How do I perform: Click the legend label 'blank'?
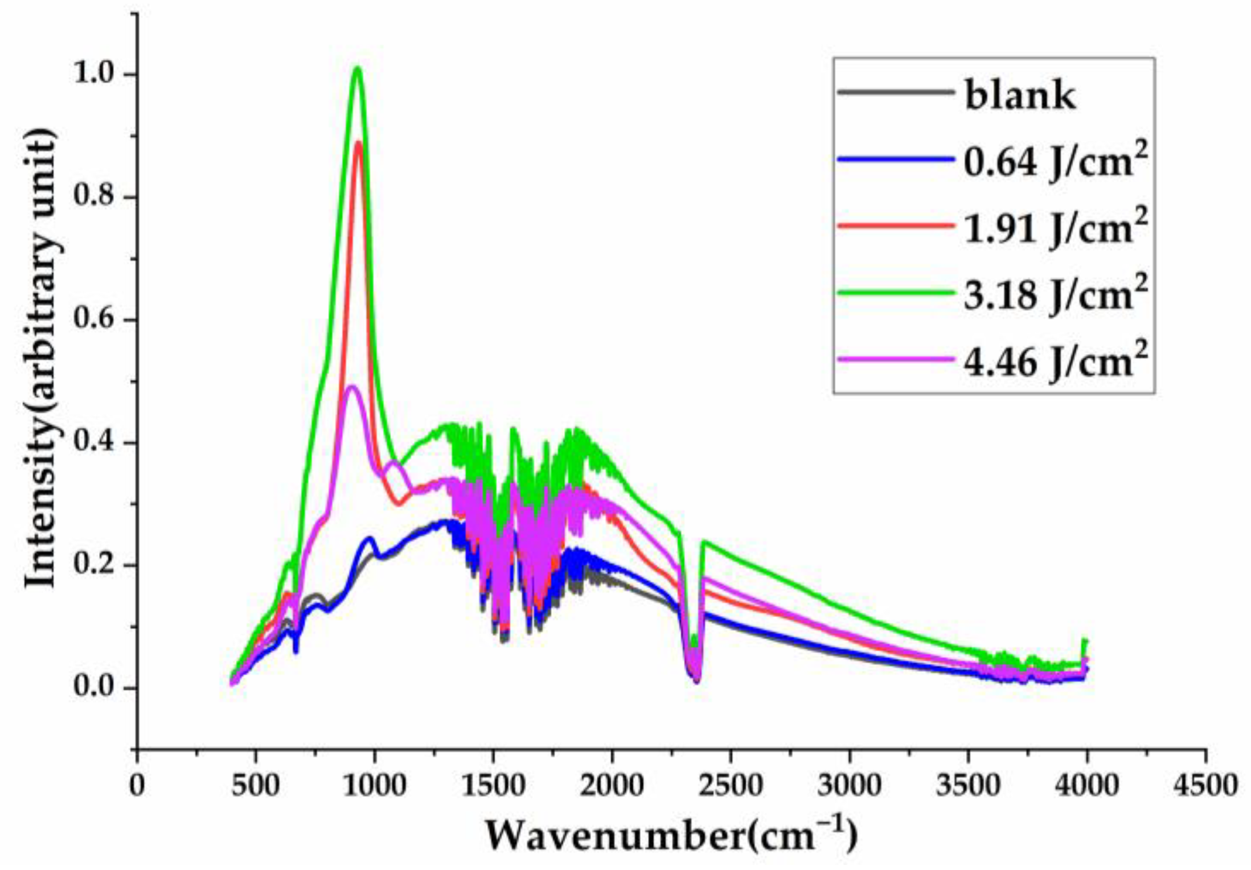(1020, 95)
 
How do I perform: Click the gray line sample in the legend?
(895, 91)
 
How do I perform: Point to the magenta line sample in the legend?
(895, 359)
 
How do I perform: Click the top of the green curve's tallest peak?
(358, 68)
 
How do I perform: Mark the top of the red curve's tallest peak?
(358, 142)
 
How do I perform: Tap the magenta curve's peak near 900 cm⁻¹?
(351, 387)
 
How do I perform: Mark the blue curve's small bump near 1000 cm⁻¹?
(370, 538)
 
